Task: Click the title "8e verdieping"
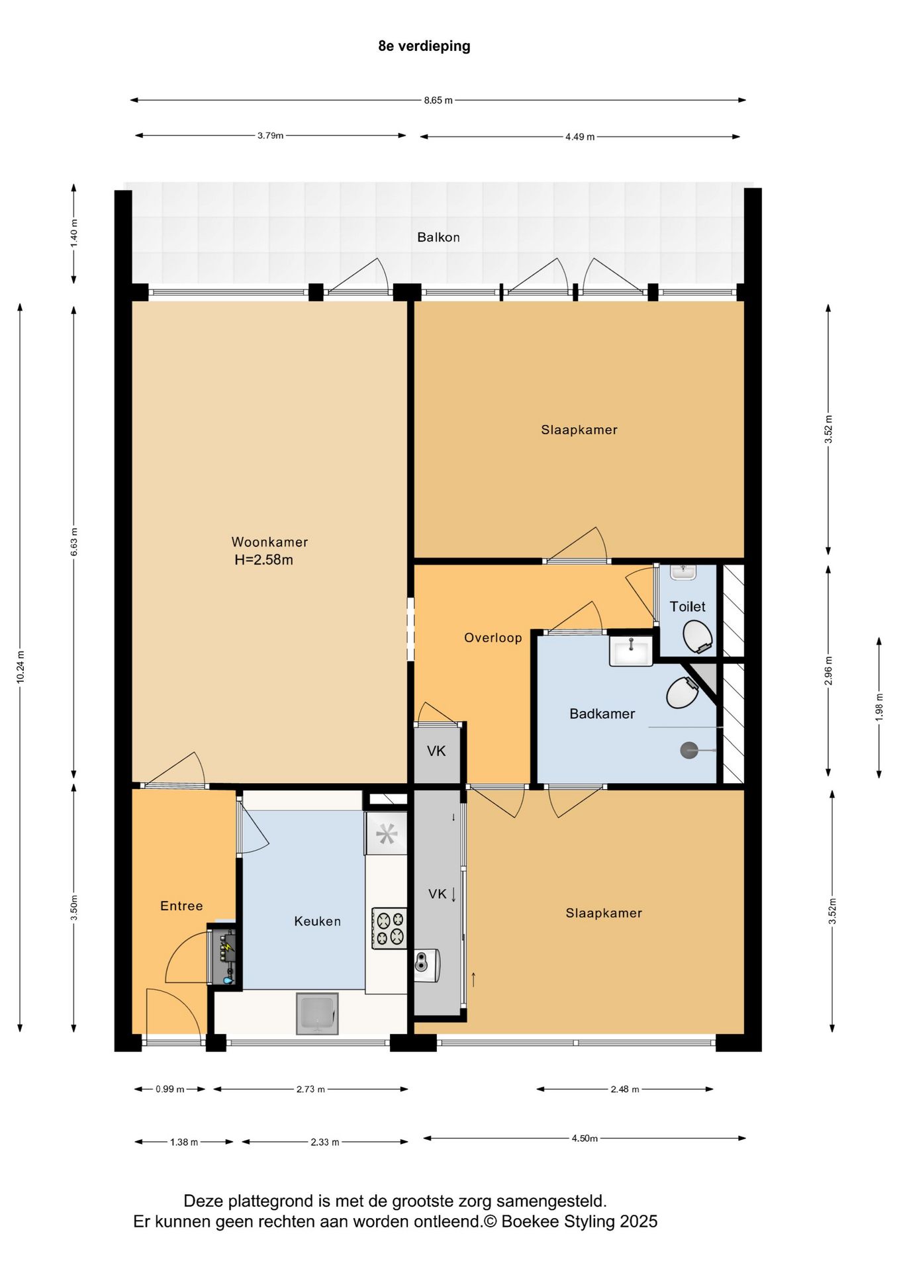[x=424, y=46]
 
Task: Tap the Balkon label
[x=438, y=237]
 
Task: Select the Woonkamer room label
[x=269, y=541]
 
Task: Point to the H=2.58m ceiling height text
[x=263, y=559]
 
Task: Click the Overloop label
[x=493, y=637]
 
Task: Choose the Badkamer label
[x=602, y=714]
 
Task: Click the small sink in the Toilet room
[x=683, y=572]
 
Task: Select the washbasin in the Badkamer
[x=631, y=650]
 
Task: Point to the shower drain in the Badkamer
[x=689, y=750]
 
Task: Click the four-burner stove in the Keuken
[x=389, y=928]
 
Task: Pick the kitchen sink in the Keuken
[x=317, y=1013]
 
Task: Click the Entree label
[x=181, y=906]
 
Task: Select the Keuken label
[x=318, y=921]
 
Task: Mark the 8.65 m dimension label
[x=438, y=101]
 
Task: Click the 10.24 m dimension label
[x=21, y=667]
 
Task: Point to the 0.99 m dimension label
[x=170, y=1089]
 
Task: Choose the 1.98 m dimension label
[x=879, y=707]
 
